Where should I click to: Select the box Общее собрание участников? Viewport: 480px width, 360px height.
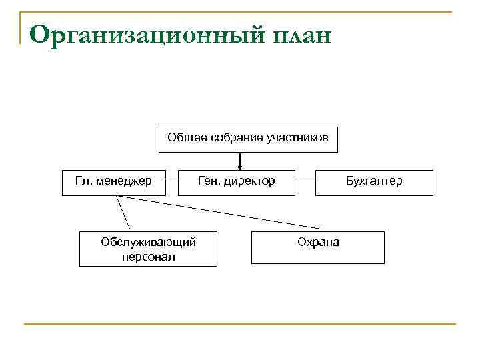[248, 139]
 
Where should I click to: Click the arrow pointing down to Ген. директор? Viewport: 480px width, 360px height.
[239, 160]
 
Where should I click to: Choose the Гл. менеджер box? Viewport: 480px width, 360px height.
[113, 181]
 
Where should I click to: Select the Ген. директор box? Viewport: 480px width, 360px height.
[237, 181]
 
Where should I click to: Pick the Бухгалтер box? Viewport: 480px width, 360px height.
[374, 181]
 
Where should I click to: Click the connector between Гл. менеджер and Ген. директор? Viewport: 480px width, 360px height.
[171, 179]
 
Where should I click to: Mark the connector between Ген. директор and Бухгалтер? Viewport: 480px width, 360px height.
[305, 179]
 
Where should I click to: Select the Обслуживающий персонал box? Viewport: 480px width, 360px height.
[148, 249]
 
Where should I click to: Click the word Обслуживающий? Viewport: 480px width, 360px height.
[148, 242]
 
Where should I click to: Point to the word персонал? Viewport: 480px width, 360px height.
[148, 257]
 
